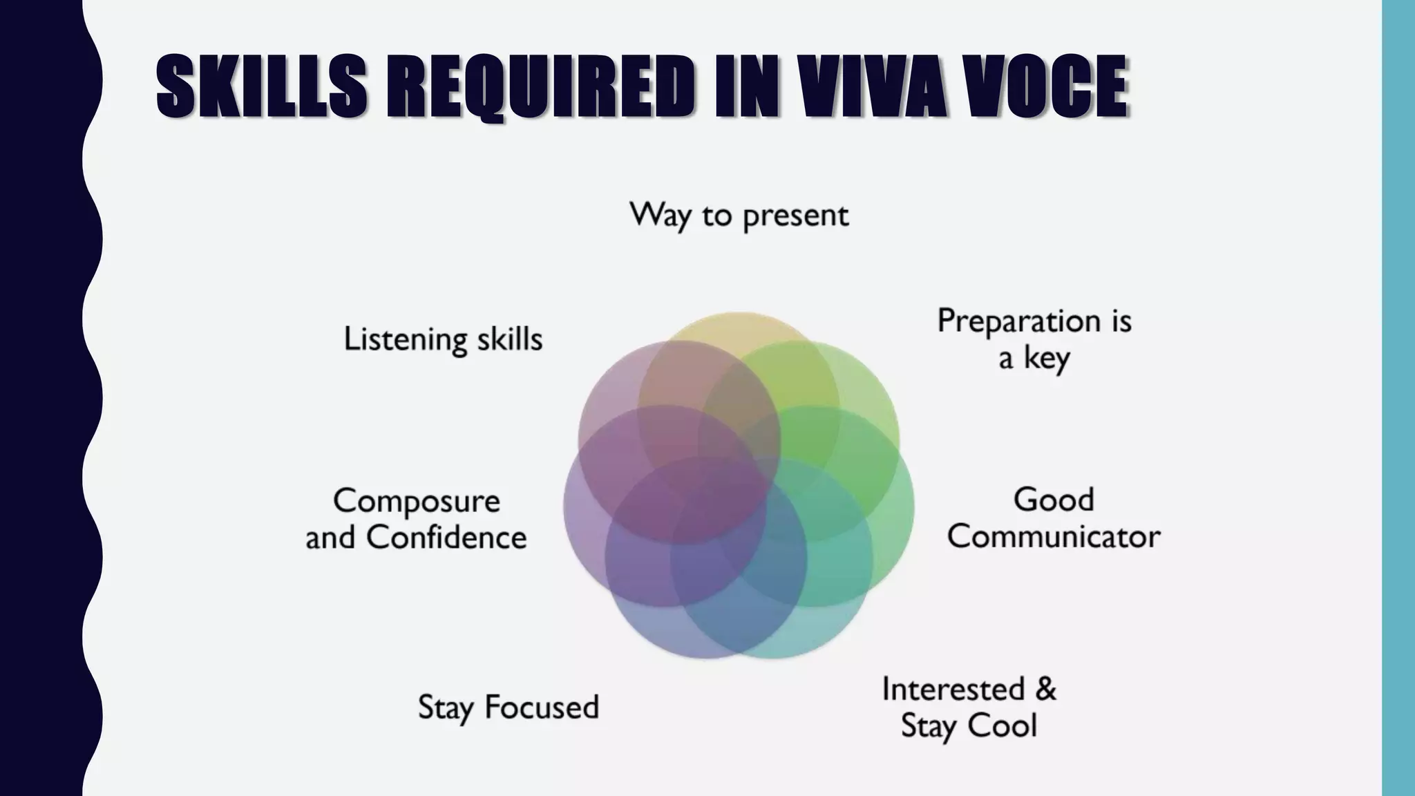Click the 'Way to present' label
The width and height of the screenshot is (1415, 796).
click(739, 215)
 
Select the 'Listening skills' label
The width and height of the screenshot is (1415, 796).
click(443, 339)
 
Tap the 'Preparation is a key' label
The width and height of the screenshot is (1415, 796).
click(1034, 339)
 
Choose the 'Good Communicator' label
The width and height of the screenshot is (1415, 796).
click(1054, 518)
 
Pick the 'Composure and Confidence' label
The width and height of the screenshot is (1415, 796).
click(416, 519)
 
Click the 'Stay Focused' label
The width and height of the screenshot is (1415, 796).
click(509, 707)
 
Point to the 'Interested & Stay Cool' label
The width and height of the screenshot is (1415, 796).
click(969, 707)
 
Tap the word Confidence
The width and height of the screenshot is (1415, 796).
click(446, 538)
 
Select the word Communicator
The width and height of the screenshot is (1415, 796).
click(1054, 537)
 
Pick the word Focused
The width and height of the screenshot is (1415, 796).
click(542, 707)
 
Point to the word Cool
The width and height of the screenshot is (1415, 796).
click(1003, 726)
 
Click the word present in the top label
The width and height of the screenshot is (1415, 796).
click(795, 216)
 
